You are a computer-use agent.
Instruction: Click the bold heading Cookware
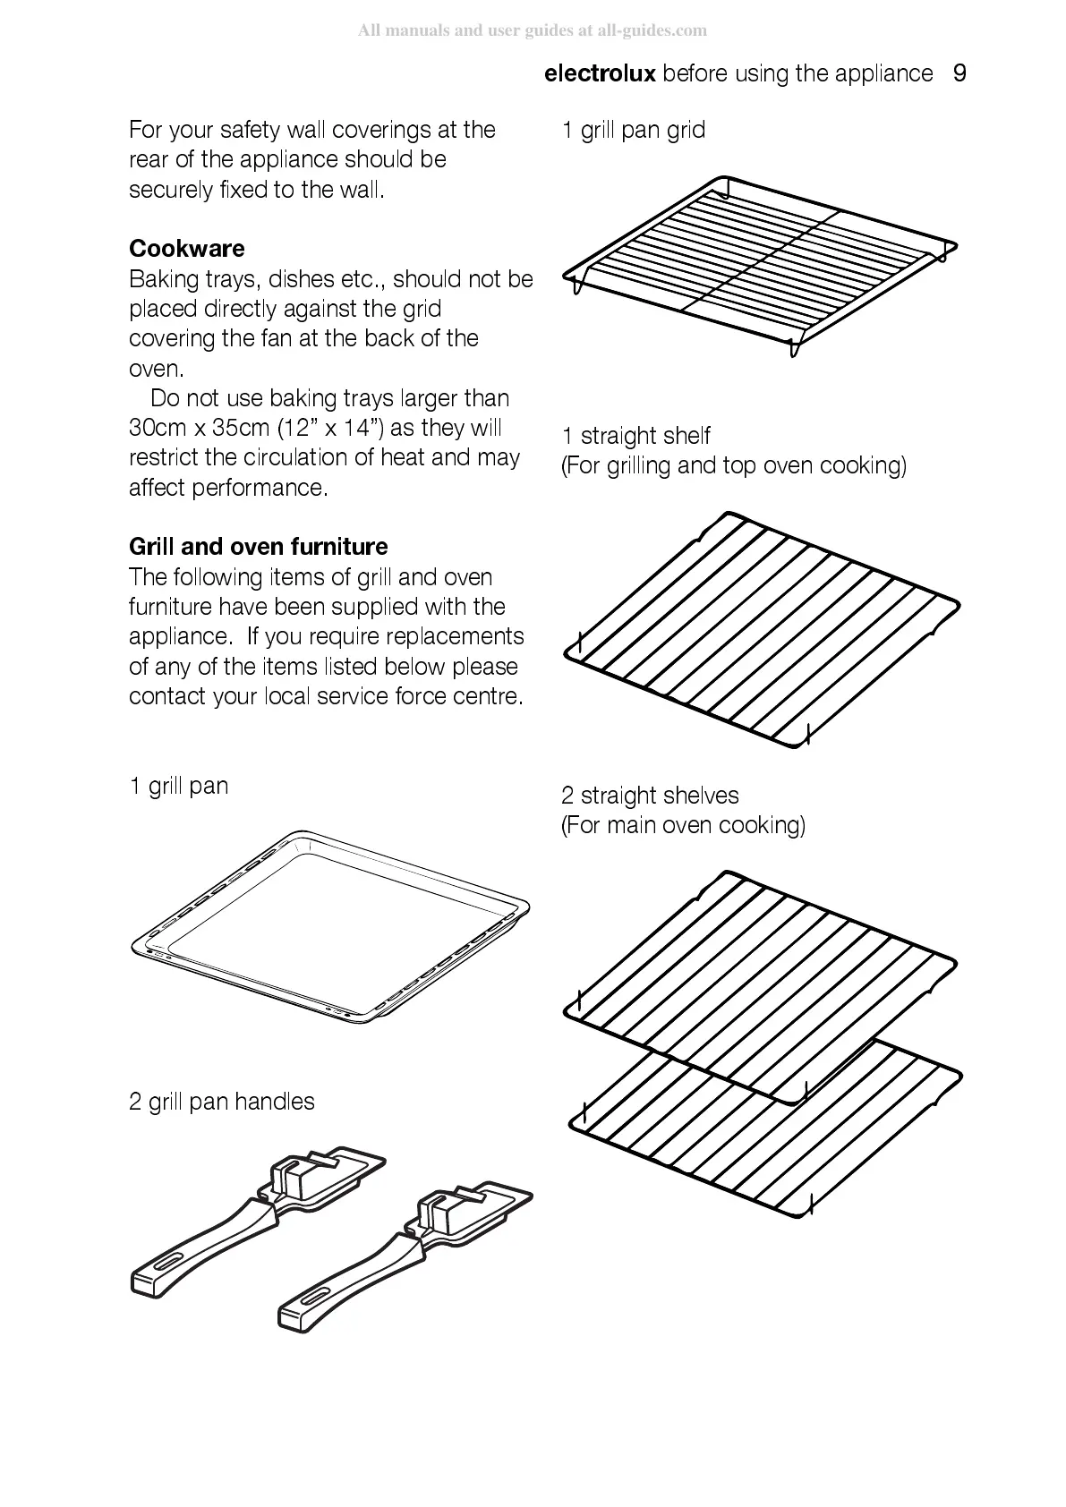tap(186, 249)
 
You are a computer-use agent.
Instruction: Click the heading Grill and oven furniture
tap(258, 547)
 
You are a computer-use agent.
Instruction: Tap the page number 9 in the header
tap(959, 73)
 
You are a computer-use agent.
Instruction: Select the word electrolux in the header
tap(600, 73)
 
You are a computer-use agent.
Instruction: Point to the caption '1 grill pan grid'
tap(634, 131)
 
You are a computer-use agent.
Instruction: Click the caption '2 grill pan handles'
tap(221, 1102)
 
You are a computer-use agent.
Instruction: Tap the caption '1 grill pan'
tap(178, 787)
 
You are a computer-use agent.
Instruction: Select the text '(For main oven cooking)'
tap(683, 825)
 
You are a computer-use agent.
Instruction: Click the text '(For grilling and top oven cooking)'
tap(733, 466)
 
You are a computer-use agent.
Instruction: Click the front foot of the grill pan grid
tap(793, 347)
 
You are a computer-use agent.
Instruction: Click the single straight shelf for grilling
tap(761, 626)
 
